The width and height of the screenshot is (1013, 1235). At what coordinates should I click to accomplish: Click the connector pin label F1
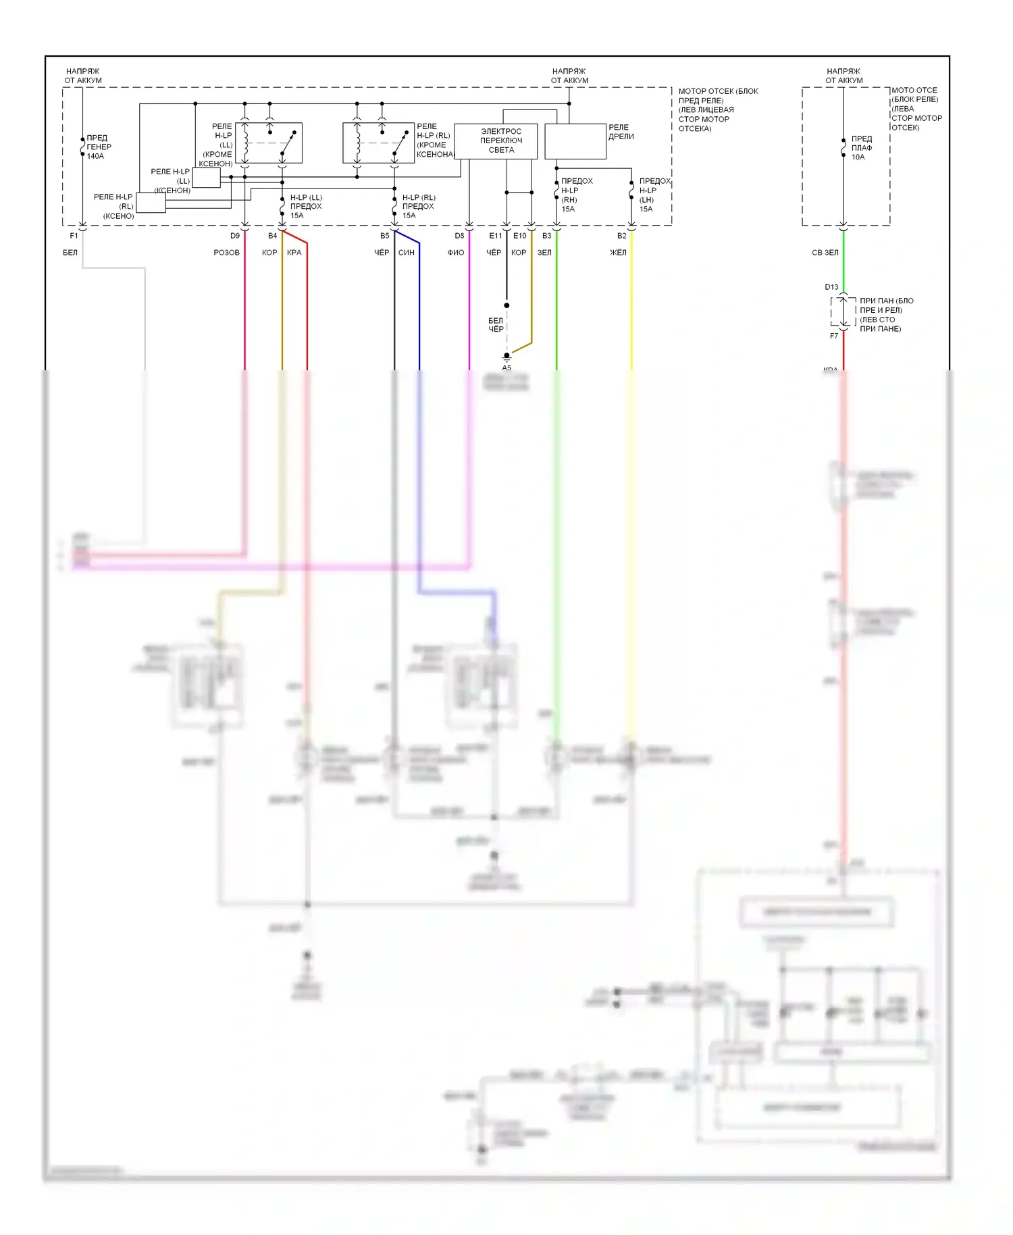[x=74, y=236]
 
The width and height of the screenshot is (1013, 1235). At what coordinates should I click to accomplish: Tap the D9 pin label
[x=234, y=236]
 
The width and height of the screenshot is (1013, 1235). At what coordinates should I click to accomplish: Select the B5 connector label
[x=384, y=236]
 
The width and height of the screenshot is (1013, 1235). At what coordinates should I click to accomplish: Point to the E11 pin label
[x=496, y=236]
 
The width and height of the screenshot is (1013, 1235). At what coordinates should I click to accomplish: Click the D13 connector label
[x=831, y=287]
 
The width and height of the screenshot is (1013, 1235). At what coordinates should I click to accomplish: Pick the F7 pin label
[x=834, y=336]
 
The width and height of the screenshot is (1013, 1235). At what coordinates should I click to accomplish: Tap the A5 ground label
[x=506, y=368]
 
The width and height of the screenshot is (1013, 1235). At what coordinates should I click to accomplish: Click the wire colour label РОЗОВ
[x=226, y=253]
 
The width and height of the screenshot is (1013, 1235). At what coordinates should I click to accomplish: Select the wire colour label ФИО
[x=456, y=253]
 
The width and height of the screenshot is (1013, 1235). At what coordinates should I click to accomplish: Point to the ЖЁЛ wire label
[x=618, y=253]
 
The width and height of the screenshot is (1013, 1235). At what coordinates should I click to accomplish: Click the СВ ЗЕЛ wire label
[x=825, y=253]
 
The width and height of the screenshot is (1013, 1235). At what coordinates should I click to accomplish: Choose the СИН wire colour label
[x=407, y=253]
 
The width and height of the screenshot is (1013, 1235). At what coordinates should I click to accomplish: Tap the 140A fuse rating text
[x=95, y=156]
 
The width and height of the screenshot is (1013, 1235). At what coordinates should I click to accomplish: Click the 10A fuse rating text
[x=858, y=157]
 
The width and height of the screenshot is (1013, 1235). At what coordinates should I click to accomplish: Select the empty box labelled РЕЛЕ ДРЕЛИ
[x=575, y=141]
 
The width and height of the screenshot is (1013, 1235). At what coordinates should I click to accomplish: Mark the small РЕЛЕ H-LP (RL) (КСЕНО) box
[x=151, y=203]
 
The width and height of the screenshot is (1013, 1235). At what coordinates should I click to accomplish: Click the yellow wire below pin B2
[x=631, y=304]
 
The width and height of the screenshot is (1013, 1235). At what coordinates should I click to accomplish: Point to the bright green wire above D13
[x=843, y=260]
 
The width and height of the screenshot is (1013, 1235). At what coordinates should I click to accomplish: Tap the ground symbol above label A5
[x=506, y=356]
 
